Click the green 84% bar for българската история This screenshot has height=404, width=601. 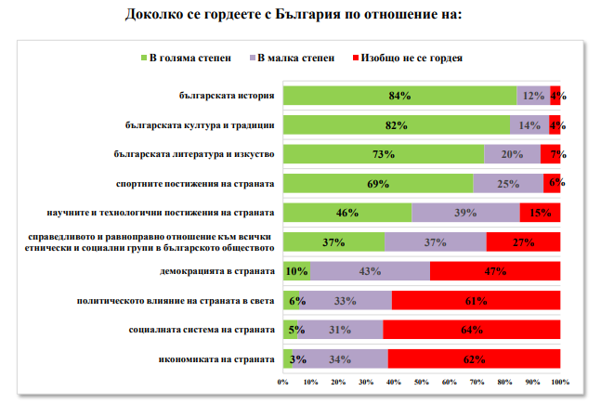(399, 95)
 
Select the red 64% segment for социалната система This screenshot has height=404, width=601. (471, 330)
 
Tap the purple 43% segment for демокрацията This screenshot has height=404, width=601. (370, 271)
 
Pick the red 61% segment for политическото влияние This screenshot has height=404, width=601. (476, 300)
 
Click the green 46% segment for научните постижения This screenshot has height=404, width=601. (347, 213)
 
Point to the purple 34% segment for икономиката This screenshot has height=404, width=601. (339, 359)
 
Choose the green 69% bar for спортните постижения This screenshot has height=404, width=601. (378, 183)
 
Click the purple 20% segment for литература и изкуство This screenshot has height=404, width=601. (512, 154)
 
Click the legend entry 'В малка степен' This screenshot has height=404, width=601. (289, 58)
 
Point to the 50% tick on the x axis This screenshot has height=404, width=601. (422, 382)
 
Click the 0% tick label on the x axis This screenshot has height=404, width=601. (283, 382)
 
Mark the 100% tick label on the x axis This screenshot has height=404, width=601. (560, 382)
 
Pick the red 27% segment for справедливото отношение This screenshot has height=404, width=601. (522, 241)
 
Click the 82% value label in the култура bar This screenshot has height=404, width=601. (397, 124)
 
